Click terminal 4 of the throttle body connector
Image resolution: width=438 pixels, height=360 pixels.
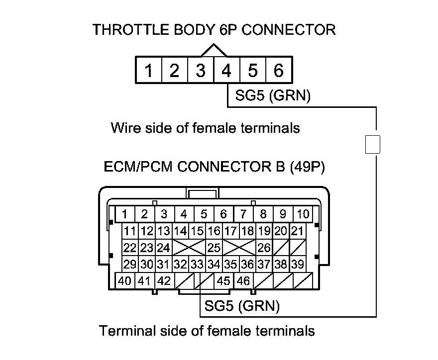226,71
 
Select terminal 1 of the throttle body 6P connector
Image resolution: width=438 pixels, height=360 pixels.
148,71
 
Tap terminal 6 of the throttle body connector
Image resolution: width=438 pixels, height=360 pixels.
279,71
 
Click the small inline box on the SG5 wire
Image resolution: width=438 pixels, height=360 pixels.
373,144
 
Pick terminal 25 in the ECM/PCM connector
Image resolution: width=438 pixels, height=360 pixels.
214,247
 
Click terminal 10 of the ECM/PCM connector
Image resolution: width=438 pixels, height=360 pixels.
303,214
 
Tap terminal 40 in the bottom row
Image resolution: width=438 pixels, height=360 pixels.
125,281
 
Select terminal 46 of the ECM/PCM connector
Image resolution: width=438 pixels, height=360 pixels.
243,281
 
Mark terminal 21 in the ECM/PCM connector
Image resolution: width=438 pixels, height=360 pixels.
297,231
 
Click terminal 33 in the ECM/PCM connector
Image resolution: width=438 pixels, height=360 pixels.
197,264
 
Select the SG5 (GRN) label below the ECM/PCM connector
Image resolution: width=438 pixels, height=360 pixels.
242,306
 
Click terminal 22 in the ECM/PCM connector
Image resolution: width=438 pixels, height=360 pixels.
130,247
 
